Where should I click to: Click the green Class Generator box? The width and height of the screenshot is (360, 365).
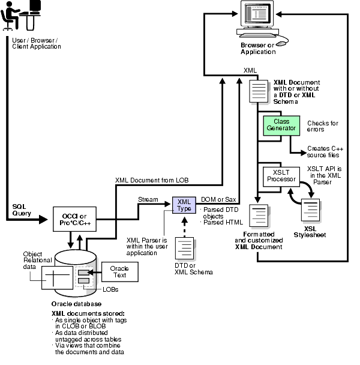(277, 125)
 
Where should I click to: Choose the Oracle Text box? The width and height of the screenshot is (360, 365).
(119, 272)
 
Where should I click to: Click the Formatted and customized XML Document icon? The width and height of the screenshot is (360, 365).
(258, 217)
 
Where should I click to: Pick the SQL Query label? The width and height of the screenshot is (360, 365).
(22, 210)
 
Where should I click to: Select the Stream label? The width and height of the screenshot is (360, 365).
(148, 199)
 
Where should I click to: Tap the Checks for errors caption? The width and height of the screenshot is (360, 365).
(322, 126)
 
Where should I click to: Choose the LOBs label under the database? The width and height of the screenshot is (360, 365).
(110, 289)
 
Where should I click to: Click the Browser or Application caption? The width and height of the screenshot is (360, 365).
(259, 49)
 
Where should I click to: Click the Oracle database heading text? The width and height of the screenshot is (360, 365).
(74, 304)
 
